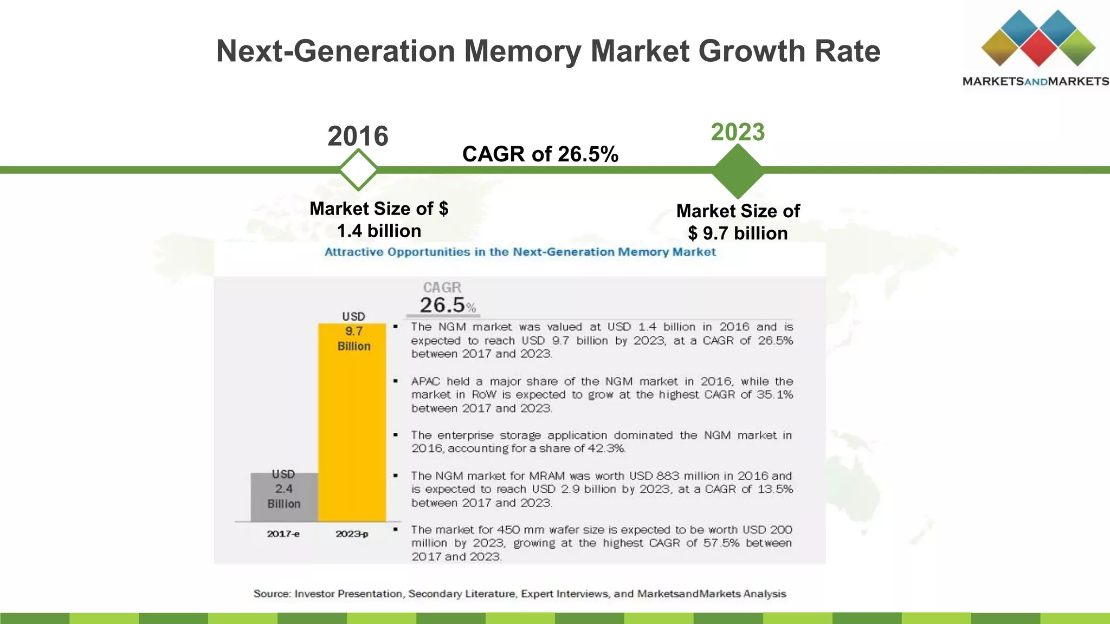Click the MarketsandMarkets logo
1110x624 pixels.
(x=1035, y=49)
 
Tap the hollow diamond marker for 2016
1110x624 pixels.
(x=358, y=170)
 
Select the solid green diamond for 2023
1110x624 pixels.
(x=738, y=171)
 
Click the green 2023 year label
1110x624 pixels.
(x=738, y=132)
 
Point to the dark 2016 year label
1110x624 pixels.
(x=358, y=136)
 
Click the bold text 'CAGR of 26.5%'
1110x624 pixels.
(x=540, y=154)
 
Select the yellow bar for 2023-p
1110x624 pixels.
(x=352, y=433)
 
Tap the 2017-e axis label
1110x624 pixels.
(x=283, y=534)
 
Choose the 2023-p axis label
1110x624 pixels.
(x=352, y=534)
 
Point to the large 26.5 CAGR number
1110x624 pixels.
(x=442, y=305)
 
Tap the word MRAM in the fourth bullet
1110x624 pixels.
(x=547, y=476)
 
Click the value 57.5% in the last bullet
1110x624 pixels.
(x=721, y=543)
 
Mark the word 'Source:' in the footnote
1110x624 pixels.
(x=272, y=594)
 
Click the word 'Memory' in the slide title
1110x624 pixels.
(x=522, y=51)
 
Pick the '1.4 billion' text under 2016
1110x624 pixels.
(x=379, y=231)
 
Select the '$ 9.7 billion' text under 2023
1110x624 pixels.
(x=738, y=233)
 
